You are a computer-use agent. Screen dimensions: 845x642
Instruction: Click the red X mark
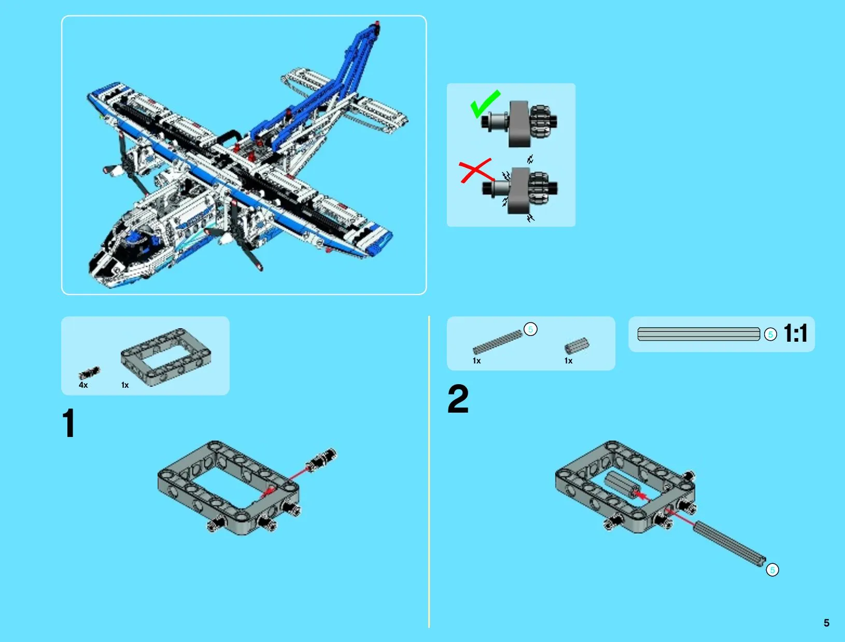476,170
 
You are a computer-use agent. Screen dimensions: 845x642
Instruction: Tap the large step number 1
68,424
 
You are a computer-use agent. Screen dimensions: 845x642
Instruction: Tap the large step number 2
458,399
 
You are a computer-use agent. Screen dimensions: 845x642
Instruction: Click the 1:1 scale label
795,333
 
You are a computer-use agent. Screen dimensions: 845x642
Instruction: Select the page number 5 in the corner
826,623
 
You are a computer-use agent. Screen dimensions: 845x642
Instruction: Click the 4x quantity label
83,385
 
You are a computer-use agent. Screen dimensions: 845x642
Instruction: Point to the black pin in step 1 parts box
89,372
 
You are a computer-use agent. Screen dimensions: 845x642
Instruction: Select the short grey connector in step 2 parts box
576,345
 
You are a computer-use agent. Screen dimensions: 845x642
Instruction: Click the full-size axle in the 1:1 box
699,334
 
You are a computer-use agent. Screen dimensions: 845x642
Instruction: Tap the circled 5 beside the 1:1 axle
770,334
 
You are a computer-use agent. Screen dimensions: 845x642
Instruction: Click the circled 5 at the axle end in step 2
772,570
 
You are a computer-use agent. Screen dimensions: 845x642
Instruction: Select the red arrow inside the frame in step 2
641,495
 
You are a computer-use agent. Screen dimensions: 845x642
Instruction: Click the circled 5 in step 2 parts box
530,329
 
